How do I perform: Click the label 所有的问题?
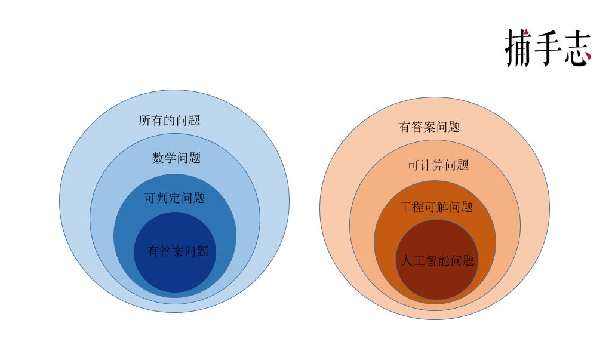(169, 121)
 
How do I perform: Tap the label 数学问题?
(176, 158)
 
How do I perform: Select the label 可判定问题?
(175, 198)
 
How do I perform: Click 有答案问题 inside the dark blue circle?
(178, 251)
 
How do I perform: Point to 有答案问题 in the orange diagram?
(429, 127)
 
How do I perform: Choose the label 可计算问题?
(438, 166)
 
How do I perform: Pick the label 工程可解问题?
(436, 208)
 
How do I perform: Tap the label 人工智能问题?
(436, 261)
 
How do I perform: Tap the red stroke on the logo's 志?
(587, 57)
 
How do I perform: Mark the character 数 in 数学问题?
(158, 158)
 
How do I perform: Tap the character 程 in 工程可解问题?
(418, 208)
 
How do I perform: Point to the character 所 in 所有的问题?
(144, 121)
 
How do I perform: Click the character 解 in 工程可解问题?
(442, 208)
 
